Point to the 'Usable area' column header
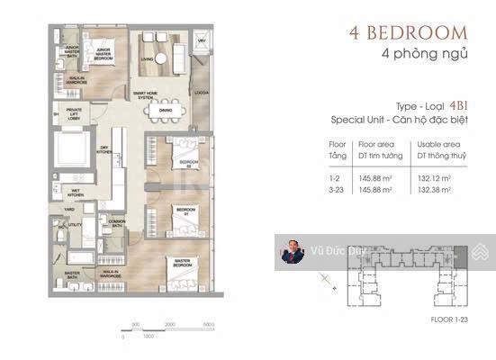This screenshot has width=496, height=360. [439, 142]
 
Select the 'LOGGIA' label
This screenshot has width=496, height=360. [200, 93]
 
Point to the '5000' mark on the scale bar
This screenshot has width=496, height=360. [207, 324]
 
